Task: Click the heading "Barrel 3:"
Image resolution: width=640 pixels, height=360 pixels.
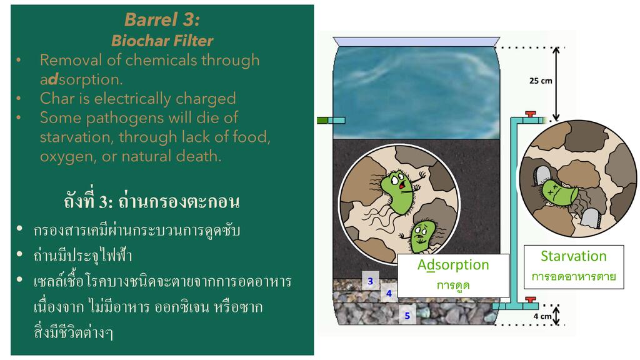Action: point(162,20)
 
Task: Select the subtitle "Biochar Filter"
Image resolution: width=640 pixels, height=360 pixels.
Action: point(162,41)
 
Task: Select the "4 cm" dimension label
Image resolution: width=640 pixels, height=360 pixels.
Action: point(541,316)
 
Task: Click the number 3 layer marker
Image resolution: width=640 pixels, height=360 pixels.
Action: point(370,281)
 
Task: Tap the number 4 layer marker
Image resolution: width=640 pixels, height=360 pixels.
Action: point(389,292)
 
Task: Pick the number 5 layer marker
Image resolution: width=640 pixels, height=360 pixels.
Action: point(407,316)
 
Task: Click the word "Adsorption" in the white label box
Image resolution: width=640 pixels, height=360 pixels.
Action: point(453,264)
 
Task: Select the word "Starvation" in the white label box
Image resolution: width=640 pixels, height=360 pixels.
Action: point(573,256)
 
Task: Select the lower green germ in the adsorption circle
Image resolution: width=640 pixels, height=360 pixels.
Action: point(424,234)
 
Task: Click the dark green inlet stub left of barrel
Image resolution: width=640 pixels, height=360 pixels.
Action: point(322,119)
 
